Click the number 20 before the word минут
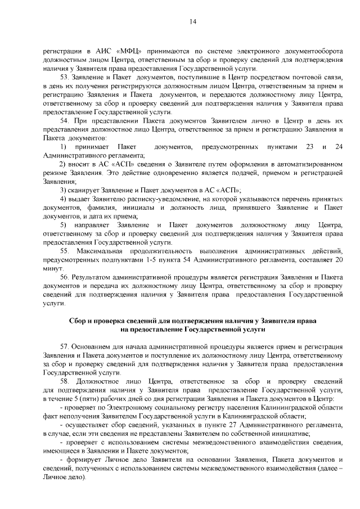click(x=339, y=260)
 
